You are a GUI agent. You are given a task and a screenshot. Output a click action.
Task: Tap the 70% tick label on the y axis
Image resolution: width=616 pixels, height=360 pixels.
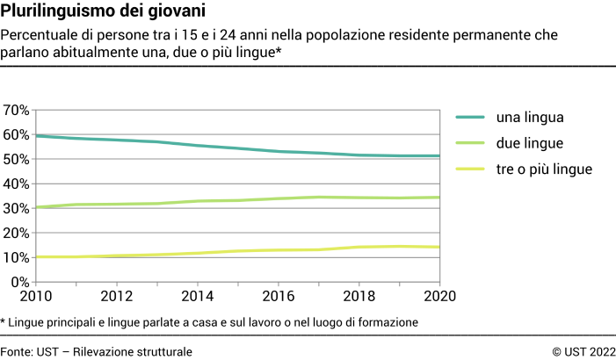point(17,111)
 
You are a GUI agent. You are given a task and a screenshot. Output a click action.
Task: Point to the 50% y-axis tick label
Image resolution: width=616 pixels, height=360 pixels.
point(17,160)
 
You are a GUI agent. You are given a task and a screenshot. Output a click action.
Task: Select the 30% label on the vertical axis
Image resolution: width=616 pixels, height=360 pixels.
point(17,209)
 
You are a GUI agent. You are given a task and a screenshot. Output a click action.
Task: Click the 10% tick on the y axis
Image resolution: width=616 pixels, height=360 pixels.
point(17,258)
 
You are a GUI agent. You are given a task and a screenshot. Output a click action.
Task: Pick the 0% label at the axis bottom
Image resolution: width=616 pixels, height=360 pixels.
point(20,283)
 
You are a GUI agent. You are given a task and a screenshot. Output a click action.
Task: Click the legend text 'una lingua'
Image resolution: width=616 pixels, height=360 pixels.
point(530,117)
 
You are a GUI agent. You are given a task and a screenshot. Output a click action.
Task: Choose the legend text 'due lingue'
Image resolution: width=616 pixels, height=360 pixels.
point(530,142)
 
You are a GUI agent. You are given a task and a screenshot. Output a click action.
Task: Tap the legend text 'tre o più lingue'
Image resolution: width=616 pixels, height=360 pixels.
point(545,168)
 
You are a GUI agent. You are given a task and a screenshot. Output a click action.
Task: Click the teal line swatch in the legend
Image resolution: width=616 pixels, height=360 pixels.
point(469,117)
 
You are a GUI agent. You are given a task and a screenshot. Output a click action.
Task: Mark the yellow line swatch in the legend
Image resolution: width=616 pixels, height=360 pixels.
point(469,168)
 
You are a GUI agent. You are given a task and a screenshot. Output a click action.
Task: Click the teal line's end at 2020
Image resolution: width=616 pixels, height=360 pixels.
point(438,156)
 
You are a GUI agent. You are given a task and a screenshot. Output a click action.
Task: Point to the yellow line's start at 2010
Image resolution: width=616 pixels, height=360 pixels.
point(36,257)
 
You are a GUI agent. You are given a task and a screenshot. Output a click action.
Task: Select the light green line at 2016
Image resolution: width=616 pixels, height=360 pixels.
point(278,198)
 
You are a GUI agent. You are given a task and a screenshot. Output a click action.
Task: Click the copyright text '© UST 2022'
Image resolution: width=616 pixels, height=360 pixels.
point(583,351)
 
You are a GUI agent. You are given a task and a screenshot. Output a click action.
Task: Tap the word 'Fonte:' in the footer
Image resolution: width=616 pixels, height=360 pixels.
point(17,351)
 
